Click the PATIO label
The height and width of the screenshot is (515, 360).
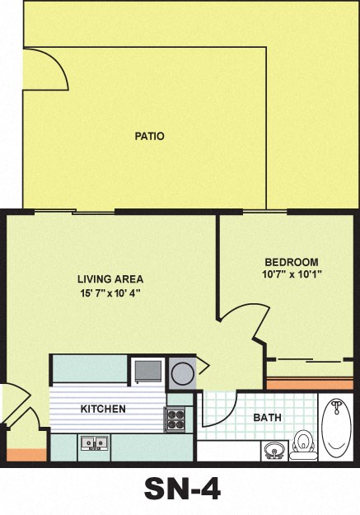pos(149,136)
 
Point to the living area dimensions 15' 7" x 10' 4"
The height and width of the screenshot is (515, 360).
pos(105,293)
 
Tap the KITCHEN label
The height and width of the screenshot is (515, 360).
pos(103,410)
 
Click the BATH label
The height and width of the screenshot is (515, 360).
pos(267,418)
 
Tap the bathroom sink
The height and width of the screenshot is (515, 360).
pos(274,450)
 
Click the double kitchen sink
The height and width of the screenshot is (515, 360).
pos(96,445)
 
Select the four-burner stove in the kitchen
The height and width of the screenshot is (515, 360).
pos(176,420)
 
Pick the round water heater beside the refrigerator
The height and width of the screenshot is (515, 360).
pos(182,372)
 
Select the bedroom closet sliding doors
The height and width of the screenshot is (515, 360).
pos(309,360)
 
